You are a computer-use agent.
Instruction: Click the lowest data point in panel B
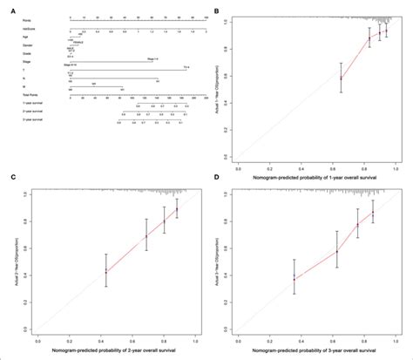(341, 78)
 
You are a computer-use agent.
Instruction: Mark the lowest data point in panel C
(105, 271)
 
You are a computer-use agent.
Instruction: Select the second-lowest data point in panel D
(337, 253)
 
